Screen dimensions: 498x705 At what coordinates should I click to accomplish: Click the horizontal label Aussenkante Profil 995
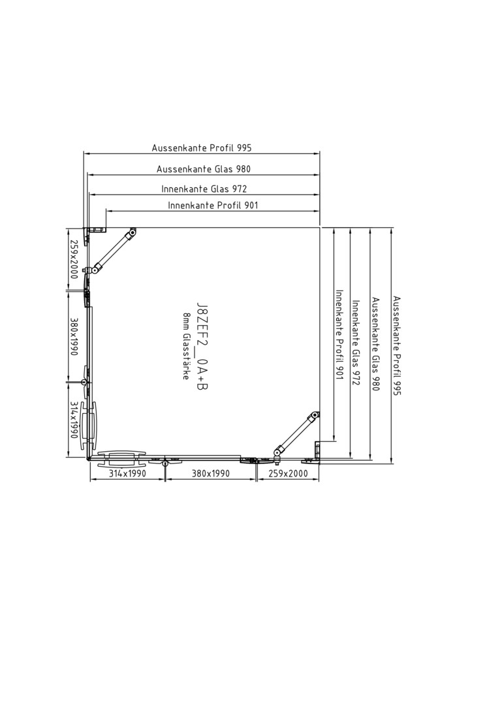coord(202,148)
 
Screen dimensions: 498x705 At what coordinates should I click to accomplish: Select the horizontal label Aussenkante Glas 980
coord(203,169)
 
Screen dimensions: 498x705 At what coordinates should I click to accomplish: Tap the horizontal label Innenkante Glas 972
coord(204,189)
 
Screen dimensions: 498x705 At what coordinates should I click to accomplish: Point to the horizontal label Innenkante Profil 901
coord(213,206)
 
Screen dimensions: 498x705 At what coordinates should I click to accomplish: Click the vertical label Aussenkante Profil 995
coord(396,345)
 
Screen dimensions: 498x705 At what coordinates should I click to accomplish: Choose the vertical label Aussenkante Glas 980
coord(376,344)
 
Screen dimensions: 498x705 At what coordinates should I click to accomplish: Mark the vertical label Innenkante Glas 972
coord(356,343)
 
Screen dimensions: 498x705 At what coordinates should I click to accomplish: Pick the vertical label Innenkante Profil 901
coord(339,334)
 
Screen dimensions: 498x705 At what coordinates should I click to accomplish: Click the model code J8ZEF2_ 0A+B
coord(202,347)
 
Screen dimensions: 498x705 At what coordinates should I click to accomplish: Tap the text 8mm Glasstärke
coord(186,346)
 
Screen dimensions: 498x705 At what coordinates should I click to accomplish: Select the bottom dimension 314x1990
coord(127,473)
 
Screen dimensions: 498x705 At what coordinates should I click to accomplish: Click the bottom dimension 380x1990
coord(210,473)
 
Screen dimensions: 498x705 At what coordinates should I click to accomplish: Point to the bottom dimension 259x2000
coord(288,473)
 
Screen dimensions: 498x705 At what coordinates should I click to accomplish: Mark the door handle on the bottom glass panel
coord(122,459)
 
